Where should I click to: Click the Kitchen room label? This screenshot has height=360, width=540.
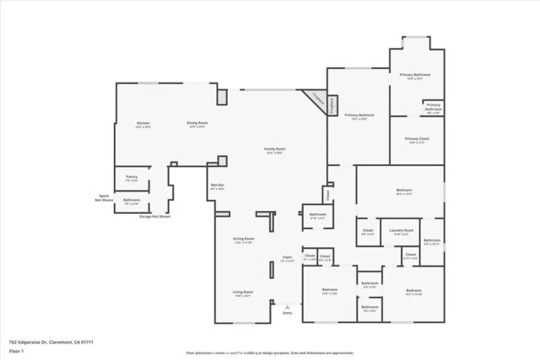tap(143, 125)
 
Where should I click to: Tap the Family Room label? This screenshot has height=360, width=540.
tap(275, 150)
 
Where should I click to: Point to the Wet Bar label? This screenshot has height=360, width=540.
tap(217, 186)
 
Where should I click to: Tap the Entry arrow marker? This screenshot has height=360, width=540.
tap(288, 309)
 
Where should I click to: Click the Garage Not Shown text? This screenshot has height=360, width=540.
tap(154, 217)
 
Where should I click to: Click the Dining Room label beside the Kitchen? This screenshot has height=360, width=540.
tap(197, 125)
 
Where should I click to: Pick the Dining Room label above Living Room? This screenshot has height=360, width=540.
tap(244, 240)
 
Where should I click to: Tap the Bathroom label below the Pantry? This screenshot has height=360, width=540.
tap(132, 202)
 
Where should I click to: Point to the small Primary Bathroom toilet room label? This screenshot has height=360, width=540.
tap(433, 108)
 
